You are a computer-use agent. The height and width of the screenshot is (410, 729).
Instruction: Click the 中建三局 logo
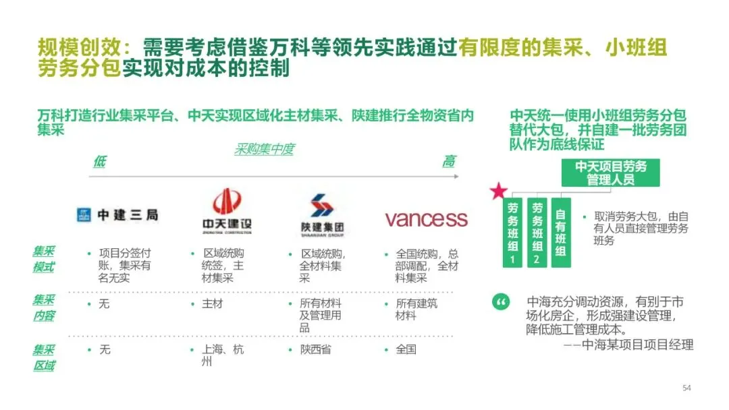point(117,215)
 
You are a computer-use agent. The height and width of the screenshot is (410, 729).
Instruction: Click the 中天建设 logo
point(227,211)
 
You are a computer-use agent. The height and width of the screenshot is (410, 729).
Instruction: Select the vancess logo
point(426,218)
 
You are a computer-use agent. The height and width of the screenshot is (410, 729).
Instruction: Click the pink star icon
point(499,192)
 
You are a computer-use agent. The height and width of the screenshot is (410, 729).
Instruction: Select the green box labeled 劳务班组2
point(537,233)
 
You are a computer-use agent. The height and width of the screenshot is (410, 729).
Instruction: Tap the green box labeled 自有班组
point(560,233)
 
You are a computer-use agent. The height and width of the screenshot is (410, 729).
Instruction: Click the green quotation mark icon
point(501,303)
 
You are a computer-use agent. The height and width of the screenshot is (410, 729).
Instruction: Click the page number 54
point(687,388)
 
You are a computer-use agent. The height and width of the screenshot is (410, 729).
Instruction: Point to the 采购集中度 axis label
point(264,150)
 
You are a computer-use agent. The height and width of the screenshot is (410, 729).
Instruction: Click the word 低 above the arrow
point(99,161)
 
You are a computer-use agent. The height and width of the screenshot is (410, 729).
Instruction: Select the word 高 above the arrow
point(449,161)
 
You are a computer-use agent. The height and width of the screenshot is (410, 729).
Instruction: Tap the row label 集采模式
point(44,259)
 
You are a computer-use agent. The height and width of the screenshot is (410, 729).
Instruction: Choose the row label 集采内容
point(44,307)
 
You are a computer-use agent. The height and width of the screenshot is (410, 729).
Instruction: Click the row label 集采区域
point(44,357)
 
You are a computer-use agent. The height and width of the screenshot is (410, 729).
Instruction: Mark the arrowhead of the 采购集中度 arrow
point(456,177)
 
